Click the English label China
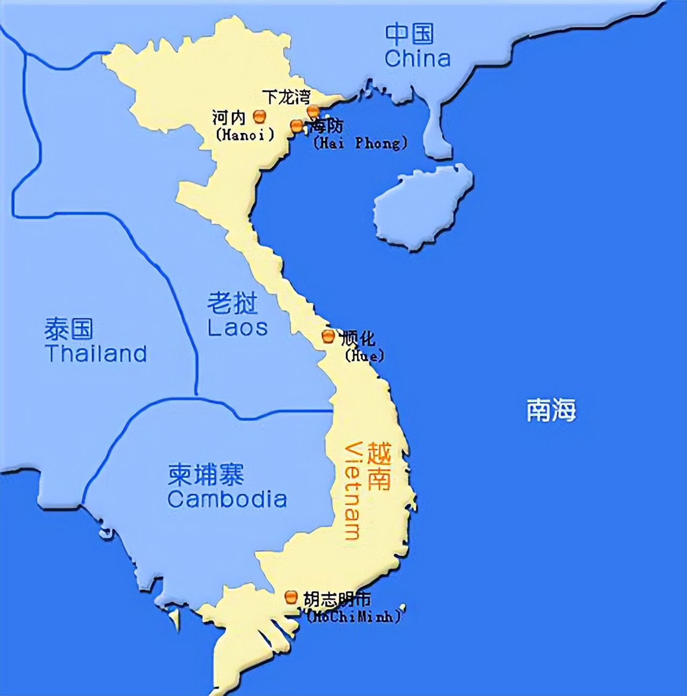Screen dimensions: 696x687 [417, 58]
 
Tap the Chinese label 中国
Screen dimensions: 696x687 [409, 34]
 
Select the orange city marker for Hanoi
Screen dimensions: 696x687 [259, 116]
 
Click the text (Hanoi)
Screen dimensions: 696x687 [245, 134]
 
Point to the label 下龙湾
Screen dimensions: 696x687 [286, 97]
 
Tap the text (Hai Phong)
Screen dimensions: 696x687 [360, 143]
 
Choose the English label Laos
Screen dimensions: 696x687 [237, 328]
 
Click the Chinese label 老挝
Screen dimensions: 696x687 [232, 303]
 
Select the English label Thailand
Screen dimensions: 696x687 [96, 354]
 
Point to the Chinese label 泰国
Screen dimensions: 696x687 [69, 329]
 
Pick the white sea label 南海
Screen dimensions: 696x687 [551, 410]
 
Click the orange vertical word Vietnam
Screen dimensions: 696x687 [353, 490]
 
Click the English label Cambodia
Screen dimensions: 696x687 [226, 499]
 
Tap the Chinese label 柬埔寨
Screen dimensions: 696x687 [206, 474]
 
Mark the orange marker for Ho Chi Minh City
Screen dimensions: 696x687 [291, 596]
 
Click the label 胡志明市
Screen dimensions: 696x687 [337, 599]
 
